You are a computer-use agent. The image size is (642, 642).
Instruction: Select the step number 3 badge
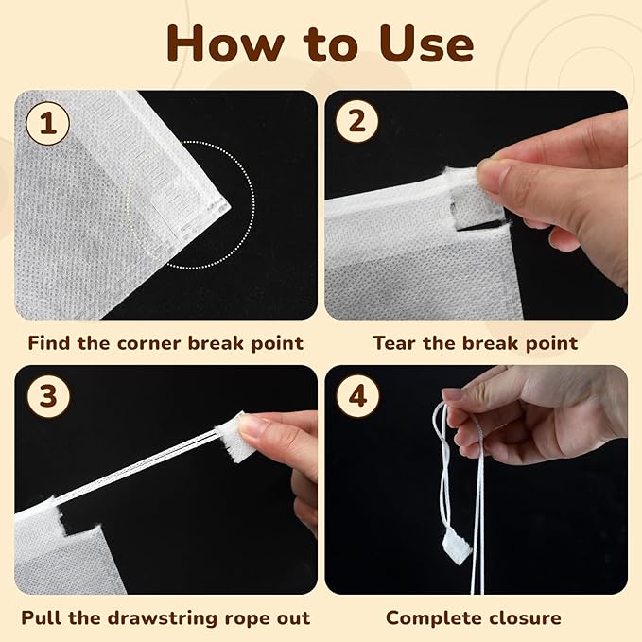click(x=46, y=397)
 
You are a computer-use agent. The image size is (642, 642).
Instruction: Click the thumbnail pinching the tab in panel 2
click(x=490, y=172)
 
